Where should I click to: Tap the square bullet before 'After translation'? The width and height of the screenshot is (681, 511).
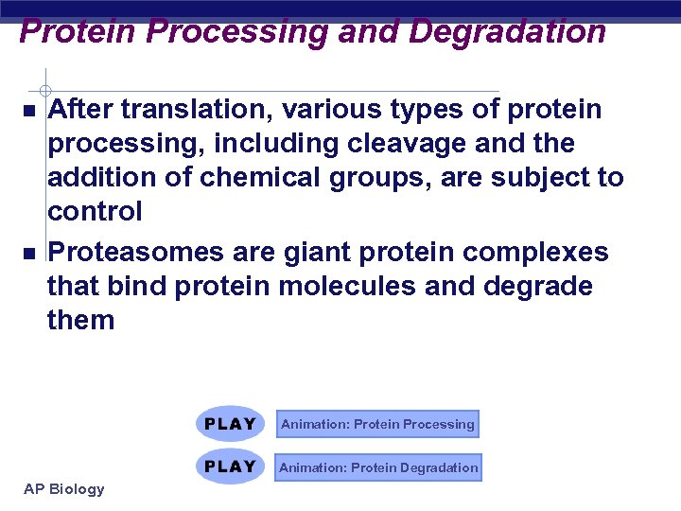[x=29, y=112]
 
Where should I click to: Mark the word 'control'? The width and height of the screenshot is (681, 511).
[x=95, y=212]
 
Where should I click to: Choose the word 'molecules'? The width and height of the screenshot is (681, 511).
[x=346, y=287]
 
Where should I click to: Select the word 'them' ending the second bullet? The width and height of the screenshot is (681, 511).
[x=80, y=321]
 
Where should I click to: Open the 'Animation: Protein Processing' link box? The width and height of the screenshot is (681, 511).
[x=377, y=424]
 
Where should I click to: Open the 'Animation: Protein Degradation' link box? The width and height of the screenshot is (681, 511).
[x=378, y=467]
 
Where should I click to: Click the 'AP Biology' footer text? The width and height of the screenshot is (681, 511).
[x=63, y=489]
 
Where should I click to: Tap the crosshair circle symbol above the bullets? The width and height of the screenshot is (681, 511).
[x=44, y=79]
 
